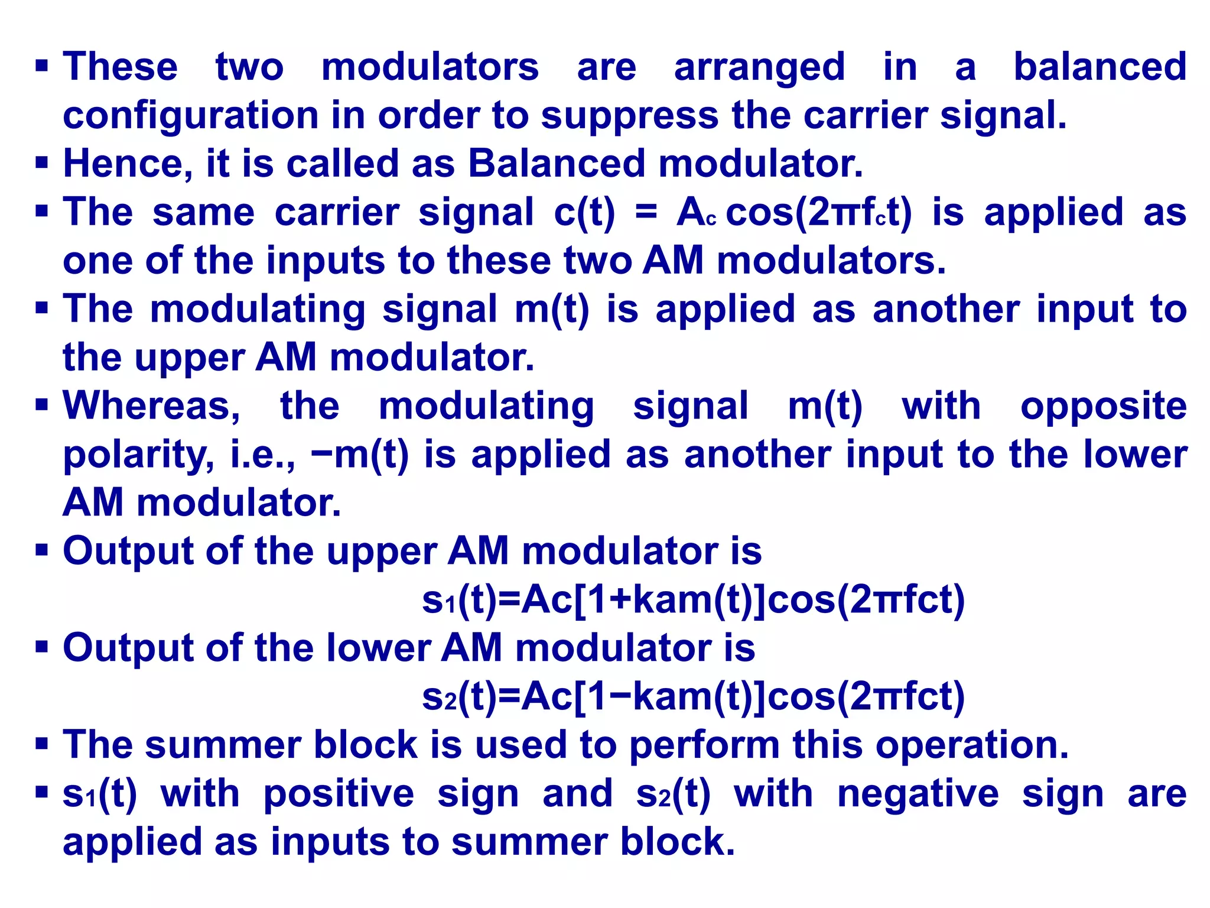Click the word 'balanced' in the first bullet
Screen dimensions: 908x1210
pos(1100,66)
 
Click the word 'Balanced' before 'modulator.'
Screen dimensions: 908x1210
pos(557,163)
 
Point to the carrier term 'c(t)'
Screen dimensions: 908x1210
pos(584,213)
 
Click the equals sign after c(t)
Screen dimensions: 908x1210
pos(646,213)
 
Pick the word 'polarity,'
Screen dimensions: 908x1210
pos(139,456)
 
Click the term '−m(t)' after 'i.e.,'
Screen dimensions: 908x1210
pos(360,455)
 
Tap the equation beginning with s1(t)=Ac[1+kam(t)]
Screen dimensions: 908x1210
pos(693,600)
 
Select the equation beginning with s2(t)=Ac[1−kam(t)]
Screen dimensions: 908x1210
pos(693,696)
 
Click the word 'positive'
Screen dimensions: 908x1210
pos(339,794)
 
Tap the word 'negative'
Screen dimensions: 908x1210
pos(918,794)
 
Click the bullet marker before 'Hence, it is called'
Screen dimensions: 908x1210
pos(41,162)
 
